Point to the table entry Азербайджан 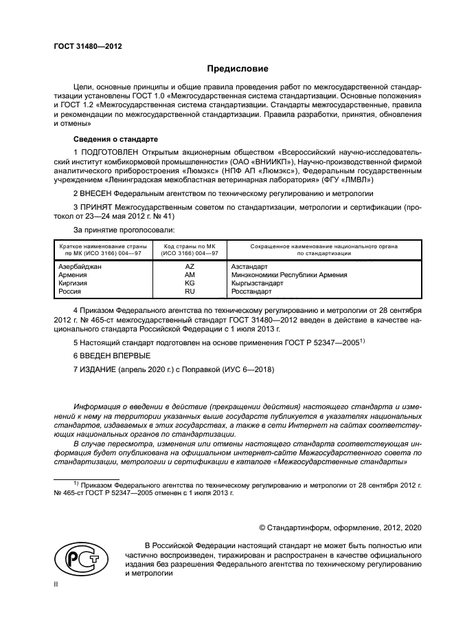pyautogui.click(x=80, y=266)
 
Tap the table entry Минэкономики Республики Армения pyautogui.click(x=288, y=274)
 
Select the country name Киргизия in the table pyautogui.click(x=73, y=283)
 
